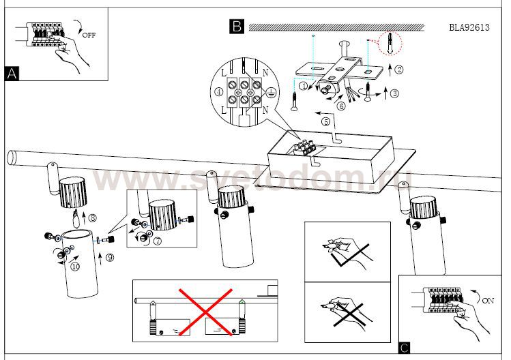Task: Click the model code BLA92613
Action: pos(470,28)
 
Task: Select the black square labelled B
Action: pos(236,27)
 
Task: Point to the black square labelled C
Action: pos(405,348)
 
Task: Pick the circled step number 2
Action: pos(399,68)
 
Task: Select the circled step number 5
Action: pos(325,121)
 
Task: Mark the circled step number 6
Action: pos(341,106)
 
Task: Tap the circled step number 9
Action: pos(110,258)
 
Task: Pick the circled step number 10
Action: pos(76,267)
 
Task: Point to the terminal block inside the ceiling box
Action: pos(305,145)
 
